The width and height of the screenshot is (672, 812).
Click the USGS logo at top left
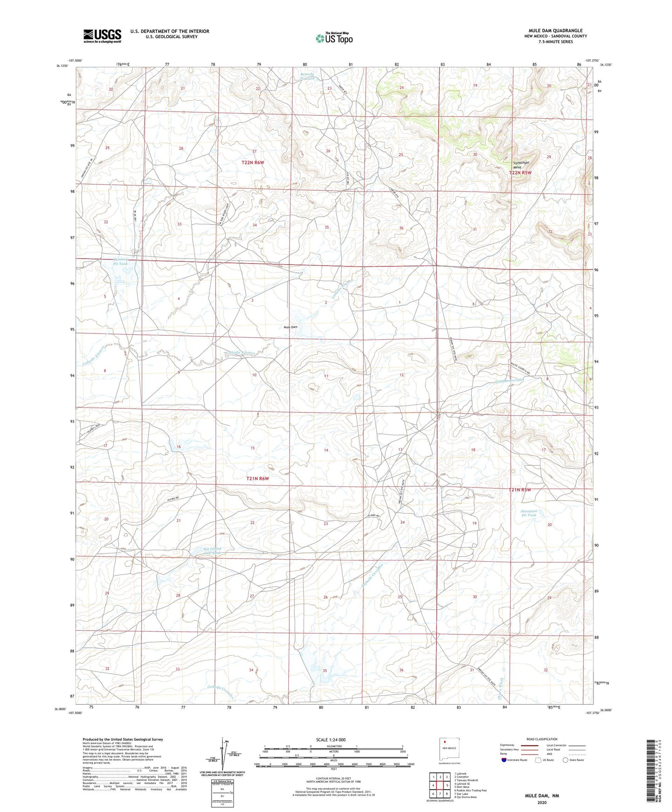(x=102, y=36)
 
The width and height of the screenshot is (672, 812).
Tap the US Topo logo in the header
(x=333, y=38)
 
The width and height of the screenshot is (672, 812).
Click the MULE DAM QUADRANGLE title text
(x=555, y=30)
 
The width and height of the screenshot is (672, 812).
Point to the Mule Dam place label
(x=291, y=327)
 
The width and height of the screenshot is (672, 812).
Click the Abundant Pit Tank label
(x=529, y=513)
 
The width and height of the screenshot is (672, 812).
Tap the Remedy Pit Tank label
(x=307, y=76)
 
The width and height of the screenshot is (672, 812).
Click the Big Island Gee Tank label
(x=212, y=551)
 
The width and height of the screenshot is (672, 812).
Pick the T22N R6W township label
(x=253, y=162)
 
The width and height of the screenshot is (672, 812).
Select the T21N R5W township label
(x=519, y=490)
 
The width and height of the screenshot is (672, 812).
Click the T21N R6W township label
(x=258, y=478)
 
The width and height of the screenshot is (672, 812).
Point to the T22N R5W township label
(x=520, y=173)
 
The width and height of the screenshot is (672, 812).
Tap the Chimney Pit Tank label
(x=120, y=261)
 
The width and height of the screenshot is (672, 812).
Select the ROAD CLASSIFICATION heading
(x=542, y=739)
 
